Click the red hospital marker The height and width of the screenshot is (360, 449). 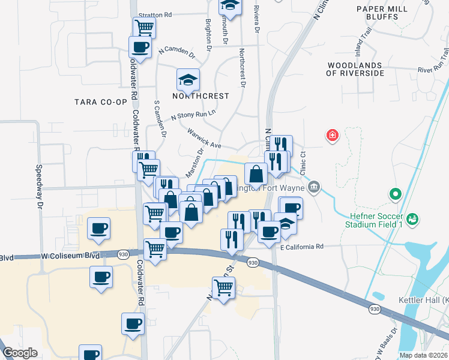click(331, 136)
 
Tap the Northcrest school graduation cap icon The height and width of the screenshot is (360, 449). click(188, 79)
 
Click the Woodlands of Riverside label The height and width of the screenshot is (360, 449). click(355, 69)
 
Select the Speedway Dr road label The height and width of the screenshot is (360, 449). click(40, 186)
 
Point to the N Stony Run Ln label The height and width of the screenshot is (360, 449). click(193, 114)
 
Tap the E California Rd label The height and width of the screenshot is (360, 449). click(301, 246)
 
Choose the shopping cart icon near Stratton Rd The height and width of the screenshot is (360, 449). click(144, 27)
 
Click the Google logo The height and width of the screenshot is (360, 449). click(20, 353)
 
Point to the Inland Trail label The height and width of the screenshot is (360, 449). click(370, 44)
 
